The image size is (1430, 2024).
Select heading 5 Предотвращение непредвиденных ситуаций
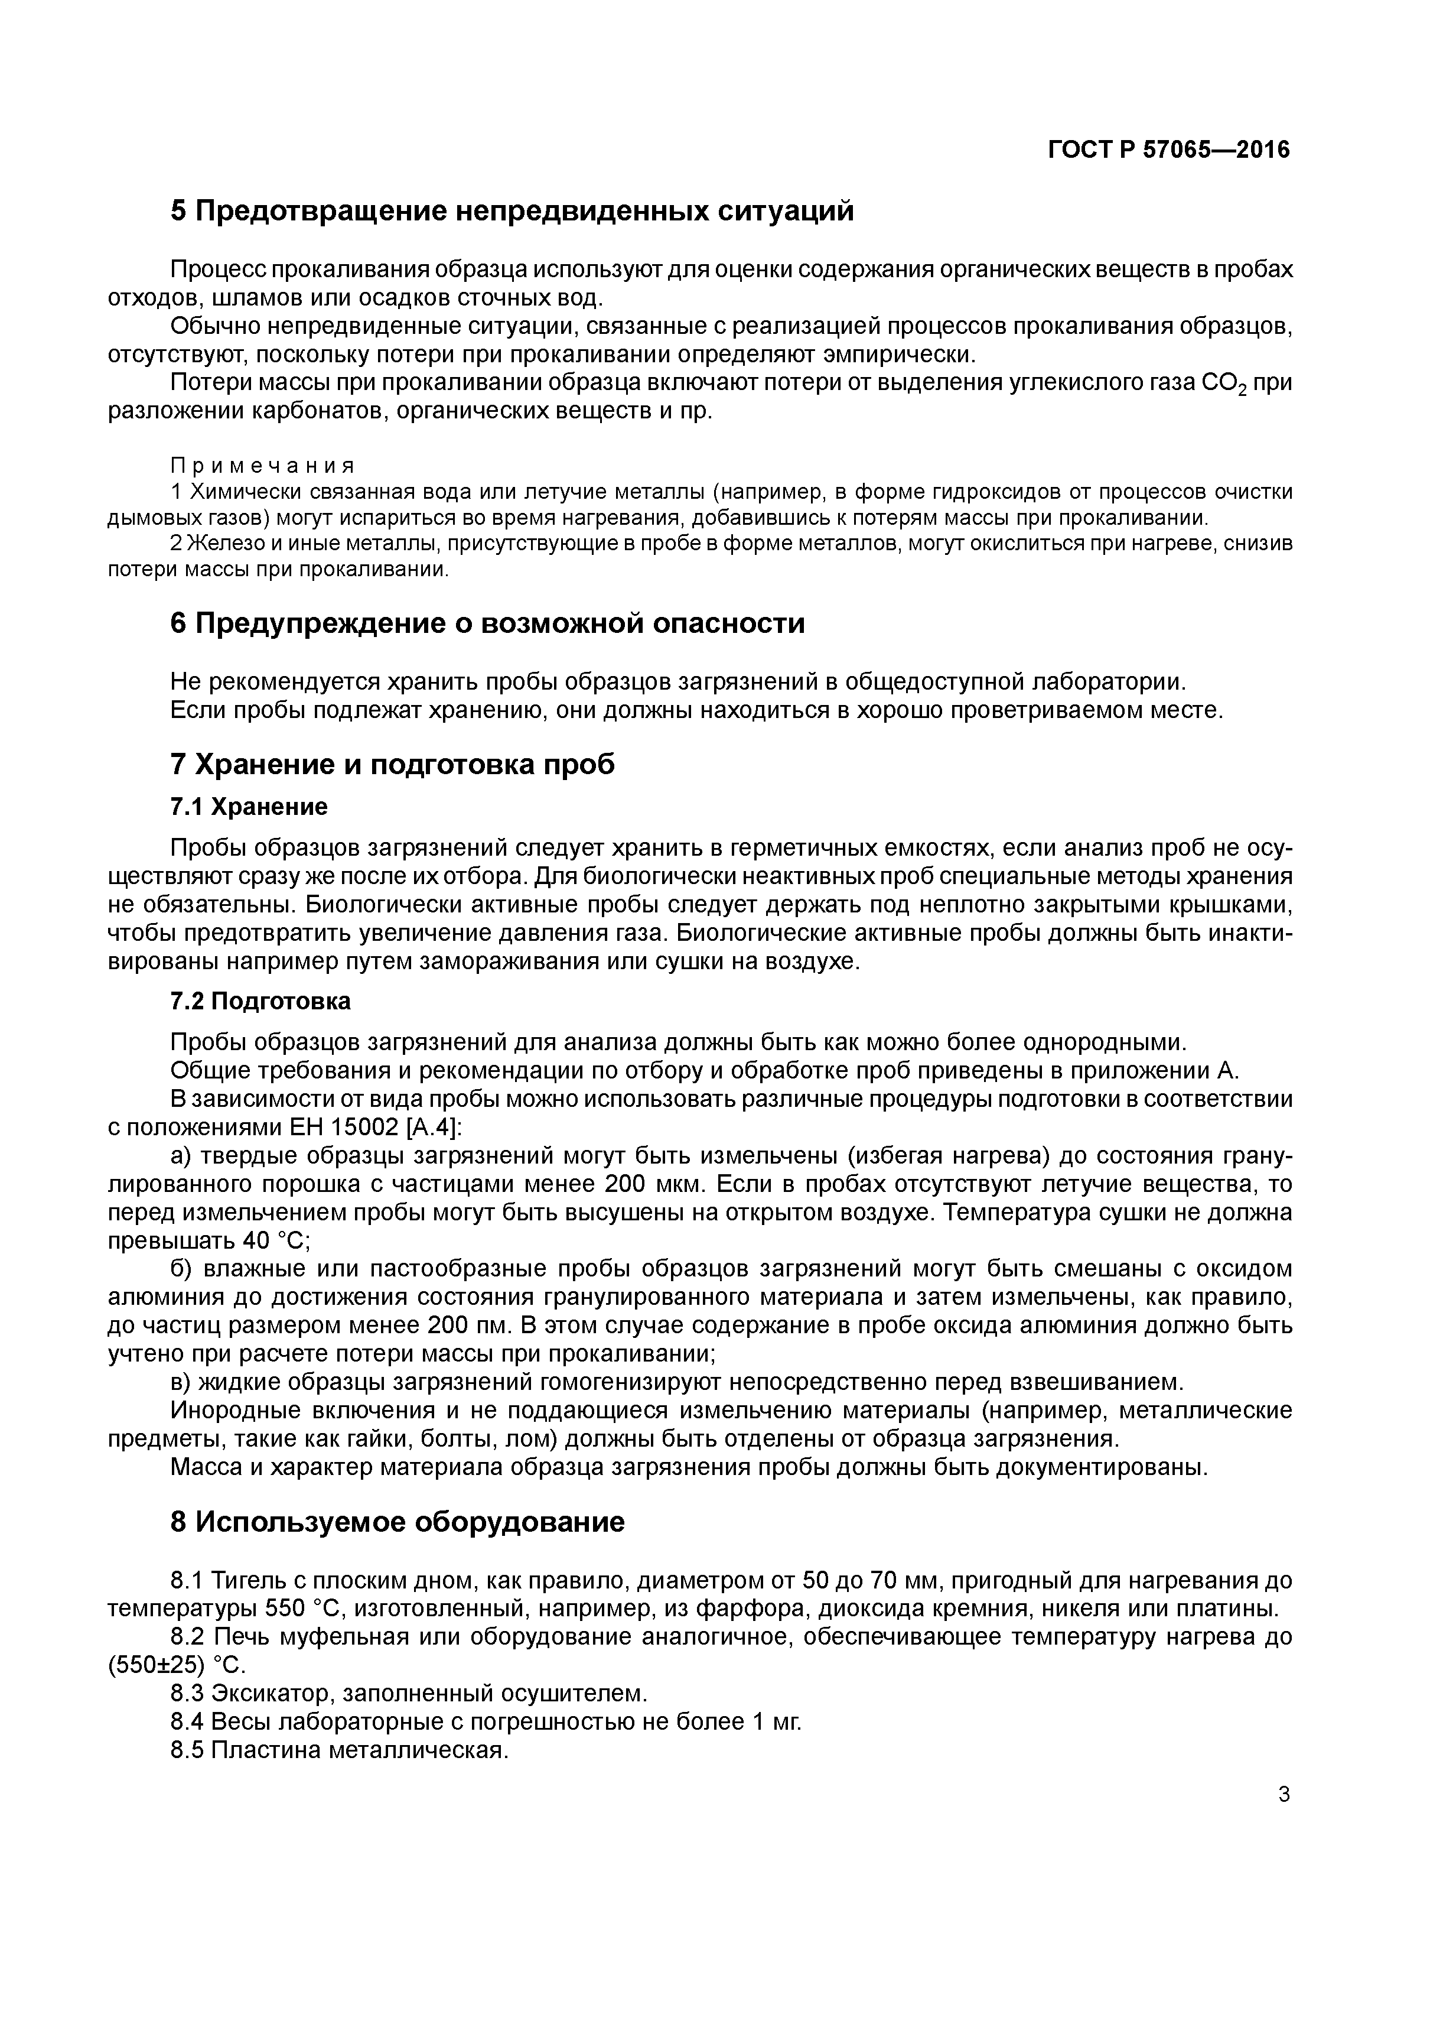512,212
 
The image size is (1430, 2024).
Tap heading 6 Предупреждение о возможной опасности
487,623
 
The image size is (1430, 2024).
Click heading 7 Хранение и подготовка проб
392,764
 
